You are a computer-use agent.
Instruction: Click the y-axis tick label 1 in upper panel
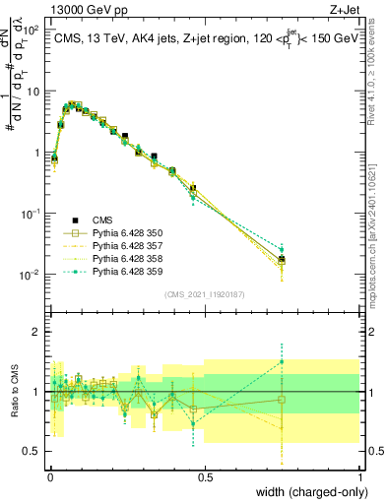tap(35, 153)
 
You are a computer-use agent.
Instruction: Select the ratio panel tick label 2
tap(35, 333)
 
